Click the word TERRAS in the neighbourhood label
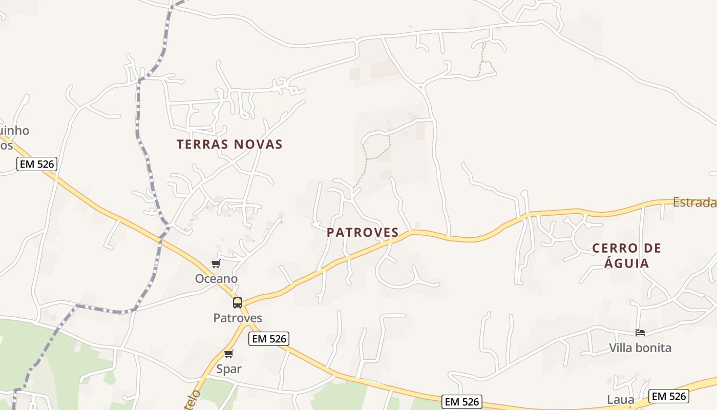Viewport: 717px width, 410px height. tap(202, 145)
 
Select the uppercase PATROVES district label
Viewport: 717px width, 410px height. tap(363, 233)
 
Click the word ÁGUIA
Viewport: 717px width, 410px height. tap(627, 263)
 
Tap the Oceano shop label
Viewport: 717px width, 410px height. tap(216, 279)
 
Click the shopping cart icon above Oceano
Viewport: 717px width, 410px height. tap(216, 264)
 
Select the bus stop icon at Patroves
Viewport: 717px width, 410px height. tap(238, 302)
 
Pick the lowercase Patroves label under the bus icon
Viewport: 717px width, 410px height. tap(238, 318)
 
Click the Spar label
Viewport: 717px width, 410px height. tap(229, 369)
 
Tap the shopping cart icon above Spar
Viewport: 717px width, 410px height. tap(229, 354)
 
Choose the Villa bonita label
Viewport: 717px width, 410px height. tap(640, 348)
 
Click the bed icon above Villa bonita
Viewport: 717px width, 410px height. tap(640, 333)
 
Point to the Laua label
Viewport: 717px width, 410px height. tap(621, 400)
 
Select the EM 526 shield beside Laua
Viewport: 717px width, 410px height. tap(668, 396)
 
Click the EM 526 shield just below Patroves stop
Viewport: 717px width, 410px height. tap(269, 338)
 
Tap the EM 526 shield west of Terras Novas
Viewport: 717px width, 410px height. tap(36, 164)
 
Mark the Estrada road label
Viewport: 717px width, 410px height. tap(694, 202)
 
